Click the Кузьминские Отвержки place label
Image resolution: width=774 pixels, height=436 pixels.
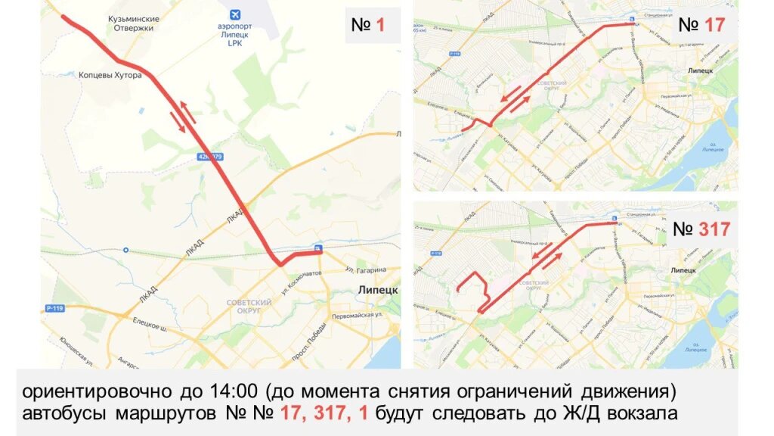pos(134,23)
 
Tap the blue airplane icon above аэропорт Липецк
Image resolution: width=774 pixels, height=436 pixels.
pos(234,14)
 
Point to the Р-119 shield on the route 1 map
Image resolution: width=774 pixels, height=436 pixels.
pos(54,308)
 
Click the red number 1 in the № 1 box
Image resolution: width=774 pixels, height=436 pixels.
pos(380,25)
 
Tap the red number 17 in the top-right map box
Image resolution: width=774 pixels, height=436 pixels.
pos(714,24)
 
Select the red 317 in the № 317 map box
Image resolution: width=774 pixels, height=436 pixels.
pos(714,229)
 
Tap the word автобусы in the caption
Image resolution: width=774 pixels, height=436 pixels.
pos(66,414)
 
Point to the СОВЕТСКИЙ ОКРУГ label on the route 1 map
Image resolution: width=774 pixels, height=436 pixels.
pos(249,306)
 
